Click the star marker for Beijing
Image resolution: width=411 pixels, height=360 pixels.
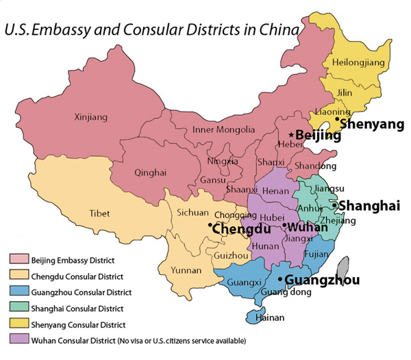pos(291,135)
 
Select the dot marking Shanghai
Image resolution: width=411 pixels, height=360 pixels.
pos(334,205)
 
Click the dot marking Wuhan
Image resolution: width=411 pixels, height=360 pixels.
pos(284,224)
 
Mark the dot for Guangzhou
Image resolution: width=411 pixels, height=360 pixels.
pos(280,279)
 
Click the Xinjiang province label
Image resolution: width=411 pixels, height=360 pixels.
pos(91,118)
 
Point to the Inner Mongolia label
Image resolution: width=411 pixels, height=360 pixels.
pos(223,129)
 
